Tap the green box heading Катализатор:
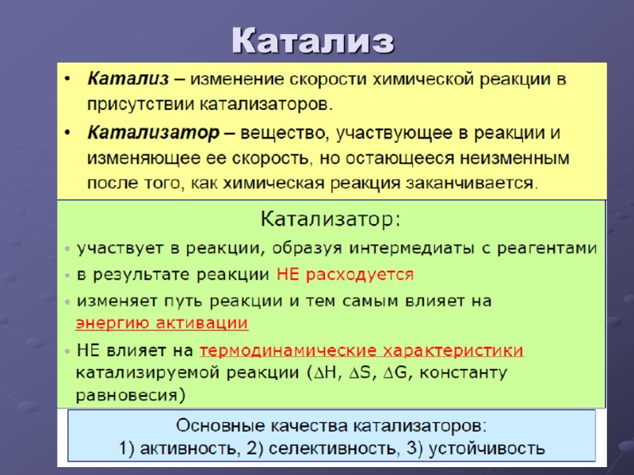point(331,217)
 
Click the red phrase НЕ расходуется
point(345,275)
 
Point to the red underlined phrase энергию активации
point(162,323)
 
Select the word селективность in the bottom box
point(333,449)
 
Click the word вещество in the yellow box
point(281,131)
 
